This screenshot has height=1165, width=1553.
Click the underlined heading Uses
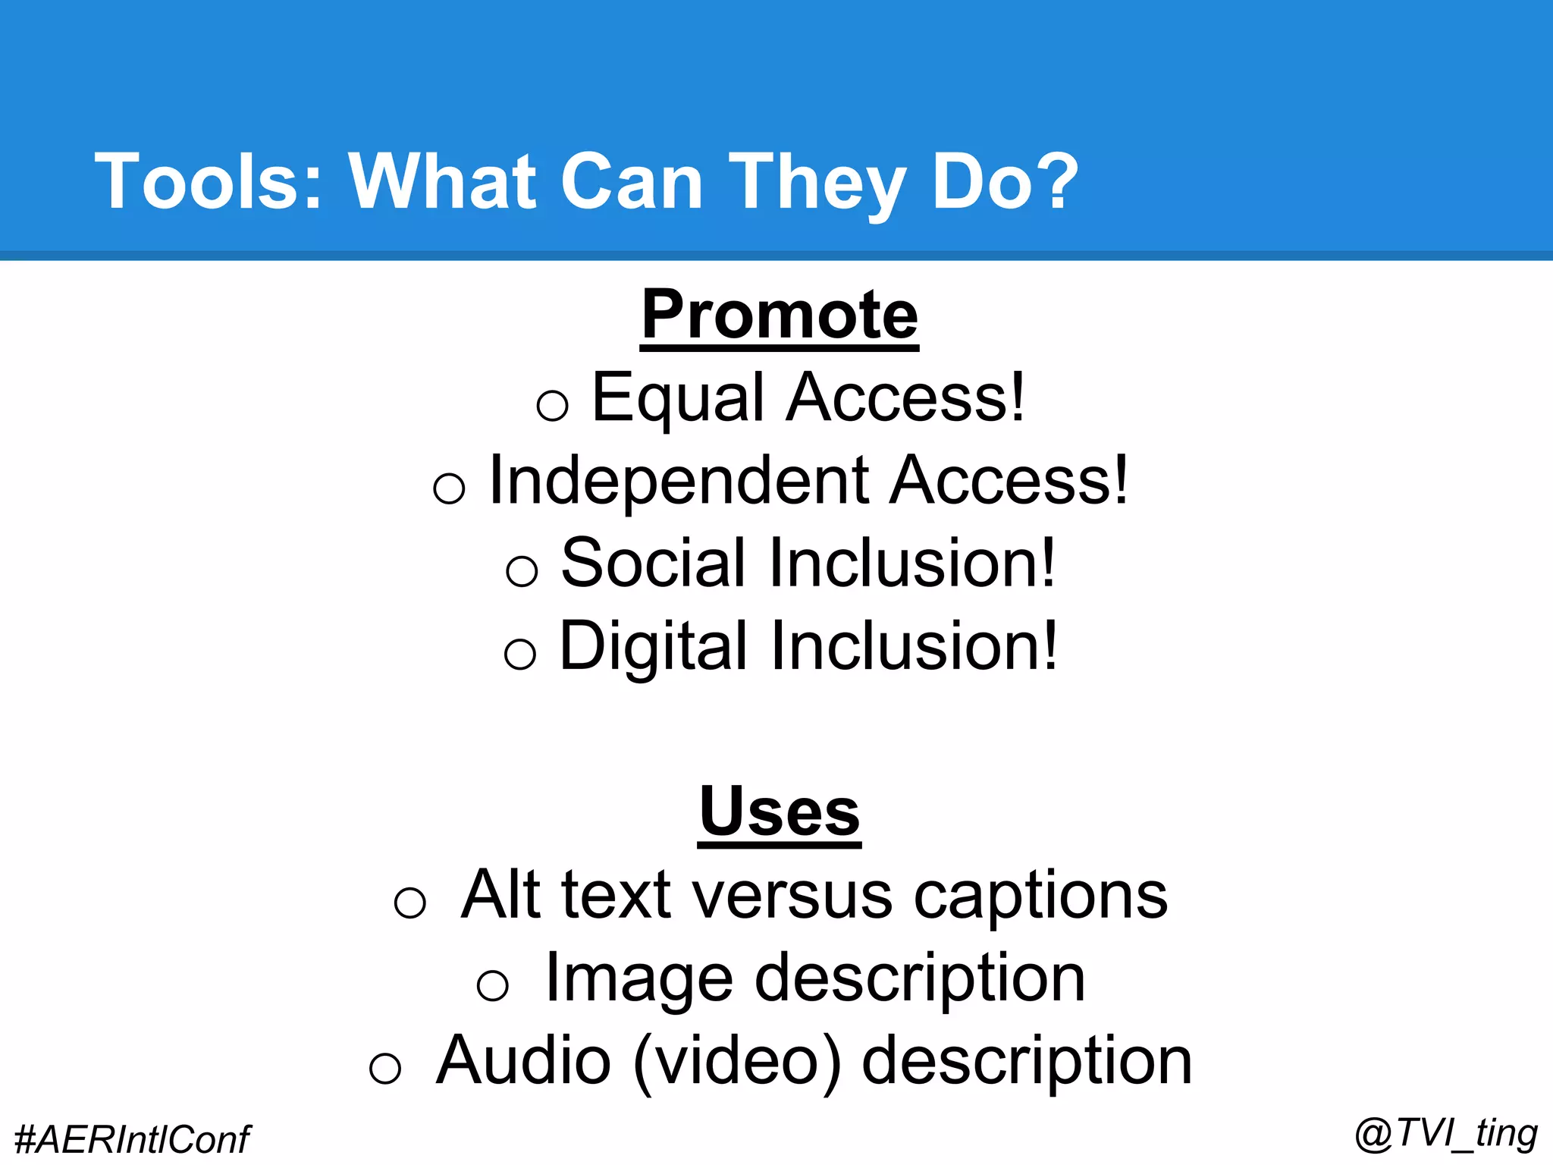[x=780, y=812]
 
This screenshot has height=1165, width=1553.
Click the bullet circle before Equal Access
[x=552, y=405]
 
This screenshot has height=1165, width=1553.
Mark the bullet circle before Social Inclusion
[x=522, y=570]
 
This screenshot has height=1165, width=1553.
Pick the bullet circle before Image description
[x=493, y=986]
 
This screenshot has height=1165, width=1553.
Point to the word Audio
[x=523, y=1061]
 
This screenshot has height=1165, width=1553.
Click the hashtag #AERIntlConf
[x=132, y=1139]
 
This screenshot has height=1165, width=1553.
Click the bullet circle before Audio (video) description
[x=385, y=1069]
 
